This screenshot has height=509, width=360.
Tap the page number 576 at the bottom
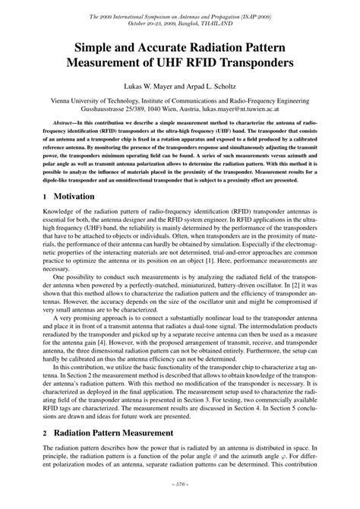click(180, 502)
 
